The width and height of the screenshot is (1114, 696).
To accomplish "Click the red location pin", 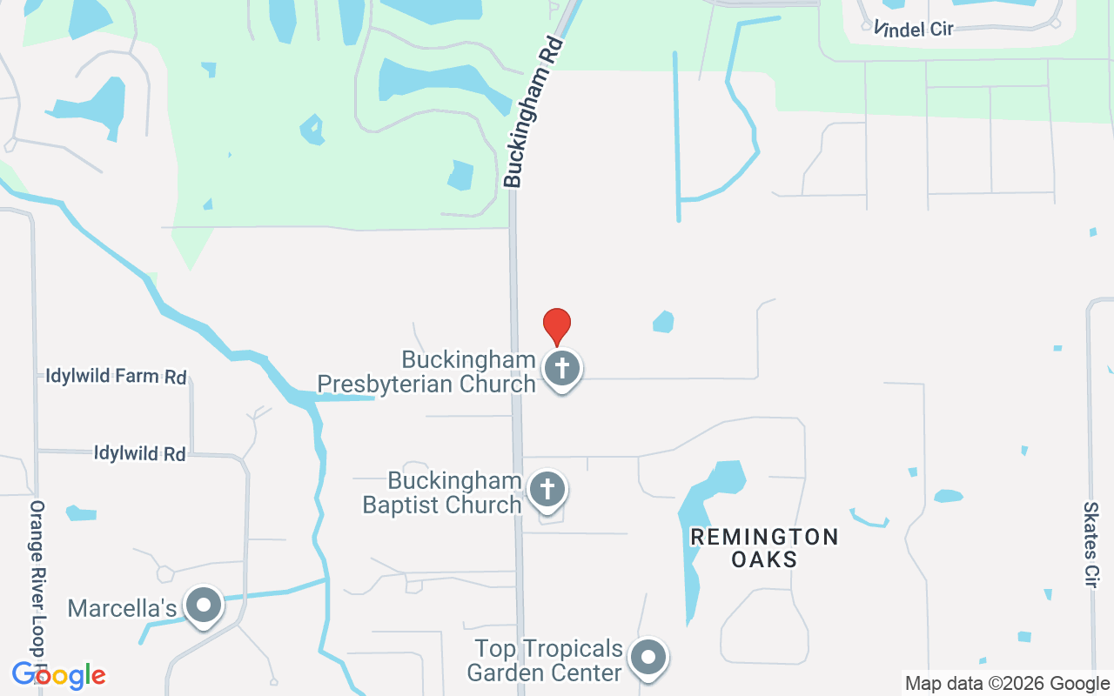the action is (x=557, y=325).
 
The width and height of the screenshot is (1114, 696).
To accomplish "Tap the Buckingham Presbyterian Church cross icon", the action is (x=562, y=368).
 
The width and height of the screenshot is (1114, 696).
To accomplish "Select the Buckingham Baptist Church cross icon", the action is (x=547, y=490).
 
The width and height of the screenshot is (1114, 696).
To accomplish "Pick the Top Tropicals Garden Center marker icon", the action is (x=648, y=659).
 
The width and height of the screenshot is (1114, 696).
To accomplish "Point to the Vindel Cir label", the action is (x=914, y=29).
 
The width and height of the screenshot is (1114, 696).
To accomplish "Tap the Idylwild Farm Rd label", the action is (x=117, y=377).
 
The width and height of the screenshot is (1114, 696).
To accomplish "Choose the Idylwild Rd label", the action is (x=139, y=453).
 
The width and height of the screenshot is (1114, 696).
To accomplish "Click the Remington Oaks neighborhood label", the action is (x=764, y=547).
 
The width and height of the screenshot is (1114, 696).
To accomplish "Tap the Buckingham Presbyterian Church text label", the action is (x=426, y=371).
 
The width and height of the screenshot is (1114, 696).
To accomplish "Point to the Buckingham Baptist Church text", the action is (x=442, y=492).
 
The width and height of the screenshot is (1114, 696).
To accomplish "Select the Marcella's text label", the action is (x=123, y=608).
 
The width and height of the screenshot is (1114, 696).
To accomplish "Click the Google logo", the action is (x=58, y=675).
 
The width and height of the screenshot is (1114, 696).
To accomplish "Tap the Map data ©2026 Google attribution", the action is (x=1007, y=684).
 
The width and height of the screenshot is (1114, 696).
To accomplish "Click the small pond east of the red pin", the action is (x=664, y=322).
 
